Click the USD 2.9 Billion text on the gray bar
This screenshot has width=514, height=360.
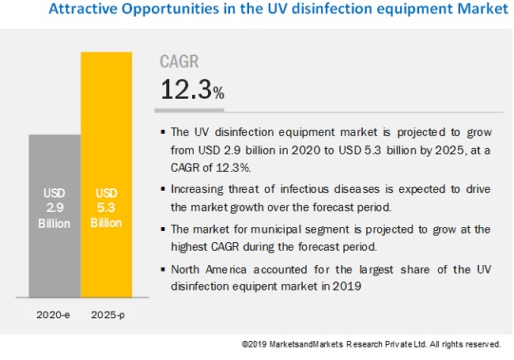54,207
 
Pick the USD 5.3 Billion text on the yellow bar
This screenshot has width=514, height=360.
107,207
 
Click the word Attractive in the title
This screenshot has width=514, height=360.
79,9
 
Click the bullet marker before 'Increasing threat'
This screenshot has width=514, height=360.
163,189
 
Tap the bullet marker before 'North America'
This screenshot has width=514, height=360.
163,270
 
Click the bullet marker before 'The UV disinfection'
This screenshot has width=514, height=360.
163,131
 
